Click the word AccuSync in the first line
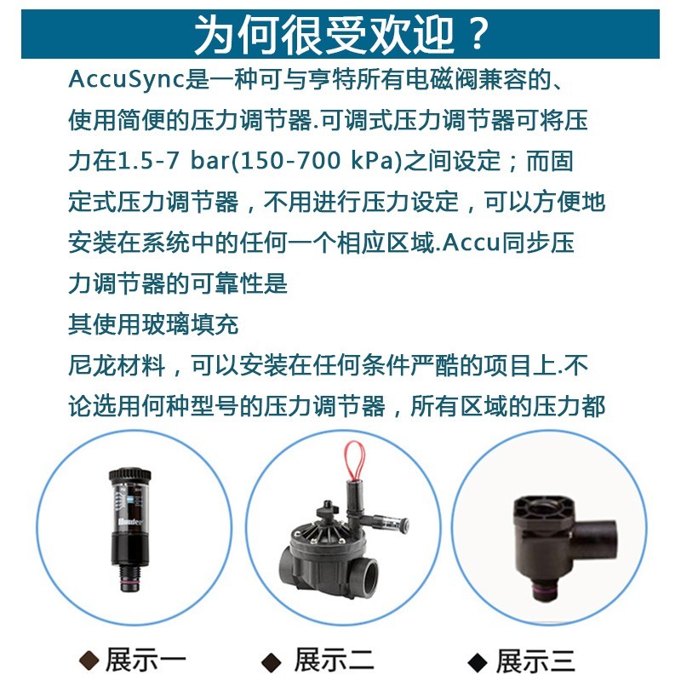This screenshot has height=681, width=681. (127, 80)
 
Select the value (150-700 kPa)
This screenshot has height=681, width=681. (317, 161)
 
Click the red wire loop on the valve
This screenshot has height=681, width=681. (355, 460)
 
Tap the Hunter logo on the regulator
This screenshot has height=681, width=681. (130, 522)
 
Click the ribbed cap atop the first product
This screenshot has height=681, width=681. (129, 476)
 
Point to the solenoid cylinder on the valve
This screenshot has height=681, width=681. (355, 501)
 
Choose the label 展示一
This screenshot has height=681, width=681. (146, 659)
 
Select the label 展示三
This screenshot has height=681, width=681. (535, 661)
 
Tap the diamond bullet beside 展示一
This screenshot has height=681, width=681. (90, 661)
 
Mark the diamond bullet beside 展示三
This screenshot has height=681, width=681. (478, 662)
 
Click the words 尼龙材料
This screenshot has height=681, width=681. (117, 365)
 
